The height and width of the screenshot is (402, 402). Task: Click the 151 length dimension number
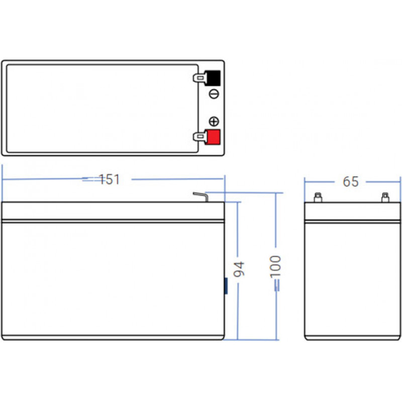109,179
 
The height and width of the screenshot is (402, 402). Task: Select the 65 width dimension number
350,182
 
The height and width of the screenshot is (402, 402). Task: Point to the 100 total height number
275,267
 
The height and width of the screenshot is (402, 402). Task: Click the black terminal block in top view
213,78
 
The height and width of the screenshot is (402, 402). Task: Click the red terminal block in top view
213,137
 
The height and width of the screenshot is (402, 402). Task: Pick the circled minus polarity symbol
214,94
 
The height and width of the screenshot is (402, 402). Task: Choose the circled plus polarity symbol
214,121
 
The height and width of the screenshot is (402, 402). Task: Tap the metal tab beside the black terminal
199,78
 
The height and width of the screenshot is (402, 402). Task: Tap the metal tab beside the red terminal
199,137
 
